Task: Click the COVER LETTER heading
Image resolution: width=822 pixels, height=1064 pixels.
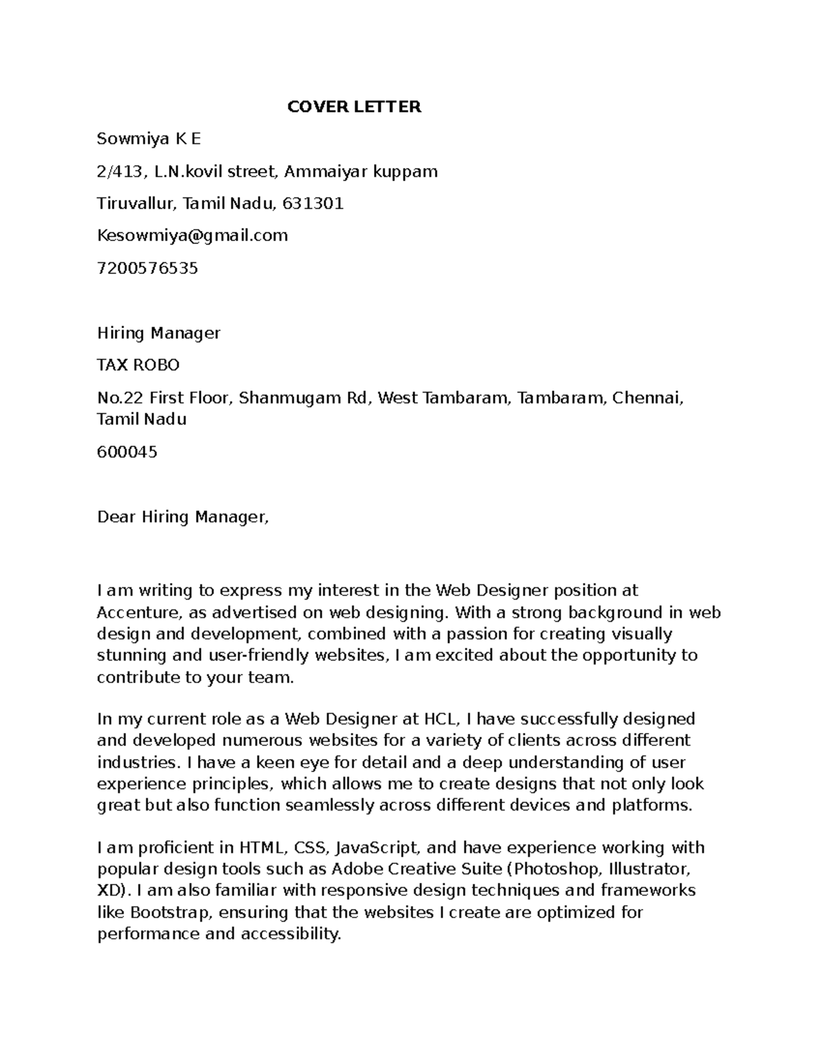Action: (353, 107)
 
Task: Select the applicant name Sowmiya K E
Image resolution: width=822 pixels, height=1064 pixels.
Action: (149, 139)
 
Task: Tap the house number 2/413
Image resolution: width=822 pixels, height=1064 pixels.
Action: (121, 171)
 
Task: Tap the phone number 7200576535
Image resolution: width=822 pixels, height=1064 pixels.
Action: (147, 268)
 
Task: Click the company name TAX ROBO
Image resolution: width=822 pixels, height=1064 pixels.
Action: (138, 365)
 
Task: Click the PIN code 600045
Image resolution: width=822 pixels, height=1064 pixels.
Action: (127, 452)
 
